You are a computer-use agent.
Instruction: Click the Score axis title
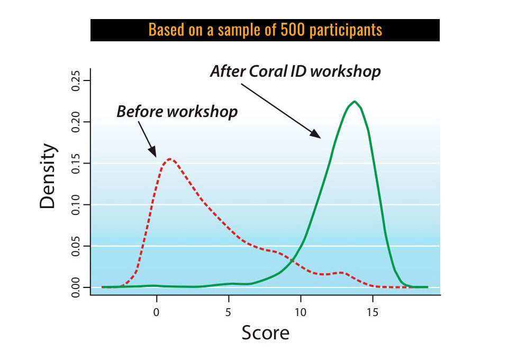tap(266, 333)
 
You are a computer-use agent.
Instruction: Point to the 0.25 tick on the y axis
tap(76, 80)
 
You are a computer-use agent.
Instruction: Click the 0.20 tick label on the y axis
tap(76, 122)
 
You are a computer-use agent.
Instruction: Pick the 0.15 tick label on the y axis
tap(76, 163)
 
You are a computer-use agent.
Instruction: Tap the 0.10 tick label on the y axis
tap(76, 204)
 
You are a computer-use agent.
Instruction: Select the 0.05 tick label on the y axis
tap(76, 246)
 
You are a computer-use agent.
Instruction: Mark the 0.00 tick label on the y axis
tap(76, 287)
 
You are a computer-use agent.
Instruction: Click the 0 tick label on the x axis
tap(156, 311)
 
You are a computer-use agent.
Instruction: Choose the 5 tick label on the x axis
tap(229, 311)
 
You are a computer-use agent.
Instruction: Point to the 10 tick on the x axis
tap(301, 311)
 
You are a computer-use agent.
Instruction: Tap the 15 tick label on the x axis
tap(373, 311)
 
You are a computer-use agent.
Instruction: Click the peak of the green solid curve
tap(355, 102)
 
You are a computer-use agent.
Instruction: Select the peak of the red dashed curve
tap(169, 159)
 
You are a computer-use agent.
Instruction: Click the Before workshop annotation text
tap(177, 112)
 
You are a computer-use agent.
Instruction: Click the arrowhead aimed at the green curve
tap(316, 134)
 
